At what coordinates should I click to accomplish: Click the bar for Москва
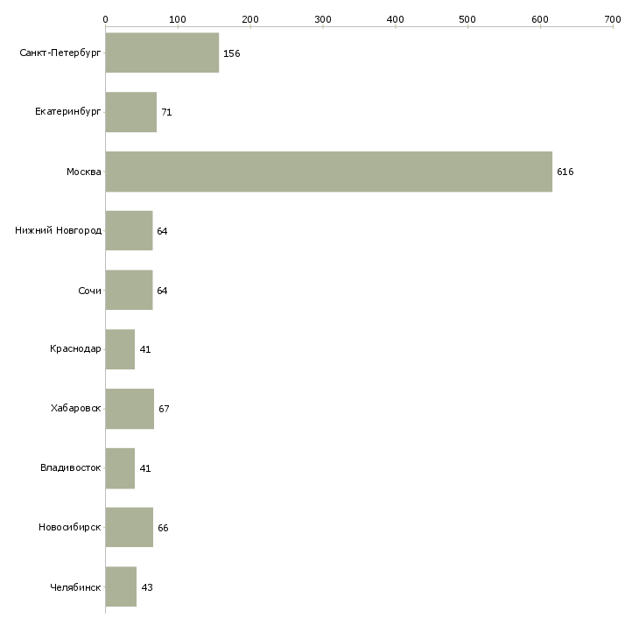coord(328,172)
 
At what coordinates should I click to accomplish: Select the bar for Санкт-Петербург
coord(162,53)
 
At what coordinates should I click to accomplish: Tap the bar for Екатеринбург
coord(131,112)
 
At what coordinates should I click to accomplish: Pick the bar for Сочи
coord(129,291)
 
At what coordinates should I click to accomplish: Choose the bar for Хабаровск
coord(130,409)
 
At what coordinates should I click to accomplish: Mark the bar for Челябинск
coord(121,586)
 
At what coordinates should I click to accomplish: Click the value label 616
coord(565,172)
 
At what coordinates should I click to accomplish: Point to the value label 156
coord(231,53)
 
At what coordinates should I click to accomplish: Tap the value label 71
coord(166,113)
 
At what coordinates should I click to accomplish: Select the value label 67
coord(164,409)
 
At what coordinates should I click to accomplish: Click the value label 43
coord(147,587)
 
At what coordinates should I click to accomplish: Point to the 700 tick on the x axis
coord(613,18)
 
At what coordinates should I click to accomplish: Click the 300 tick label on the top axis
coord(323,18)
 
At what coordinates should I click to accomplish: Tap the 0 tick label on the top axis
coord(105,18)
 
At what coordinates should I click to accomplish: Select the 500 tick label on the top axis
coord(468,18)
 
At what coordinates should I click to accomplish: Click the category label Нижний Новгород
coord(58,231)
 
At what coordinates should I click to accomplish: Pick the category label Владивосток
coord(70,468)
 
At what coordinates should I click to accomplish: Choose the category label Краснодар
coord(75,349)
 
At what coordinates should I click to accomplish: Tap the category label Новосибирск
coord(69,528)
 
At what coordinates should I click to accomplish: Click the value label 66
coord(163,528)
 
